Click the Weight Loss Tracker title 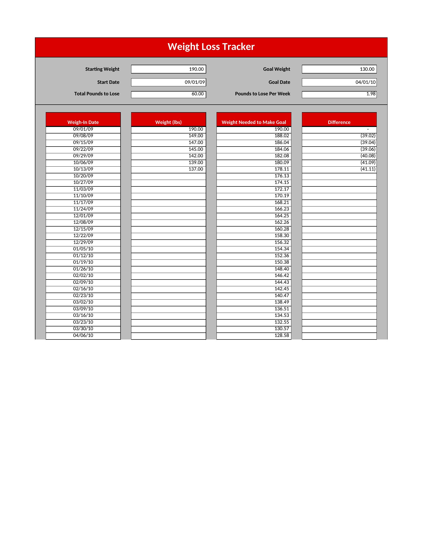211,47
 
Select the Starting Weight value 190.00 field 169,69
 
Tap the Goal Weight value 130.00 339,69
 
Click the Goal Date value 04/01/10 339,82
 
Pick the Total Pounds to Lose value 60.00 169,94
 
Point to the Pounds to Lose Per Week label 262,94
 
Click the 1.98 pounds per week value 339,94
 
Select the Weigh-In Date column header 83,122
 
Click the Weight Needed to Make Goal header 254,122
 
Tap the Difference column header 339,122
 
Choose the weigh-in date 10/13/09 83,169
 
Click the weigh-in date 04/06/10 83,335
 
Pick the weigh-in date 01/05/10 83,249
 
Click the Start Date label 108,82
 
